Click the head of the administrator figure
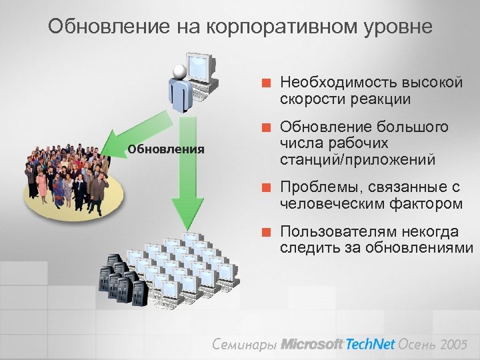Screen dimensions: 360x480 tap(179, 72)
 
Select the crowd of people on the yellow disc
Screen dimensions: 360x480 tap(67, 176)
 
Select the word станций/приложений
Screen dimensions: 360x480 tap(357, 160)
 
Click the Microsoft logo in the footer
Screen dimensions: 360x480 tap(311, 344)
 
